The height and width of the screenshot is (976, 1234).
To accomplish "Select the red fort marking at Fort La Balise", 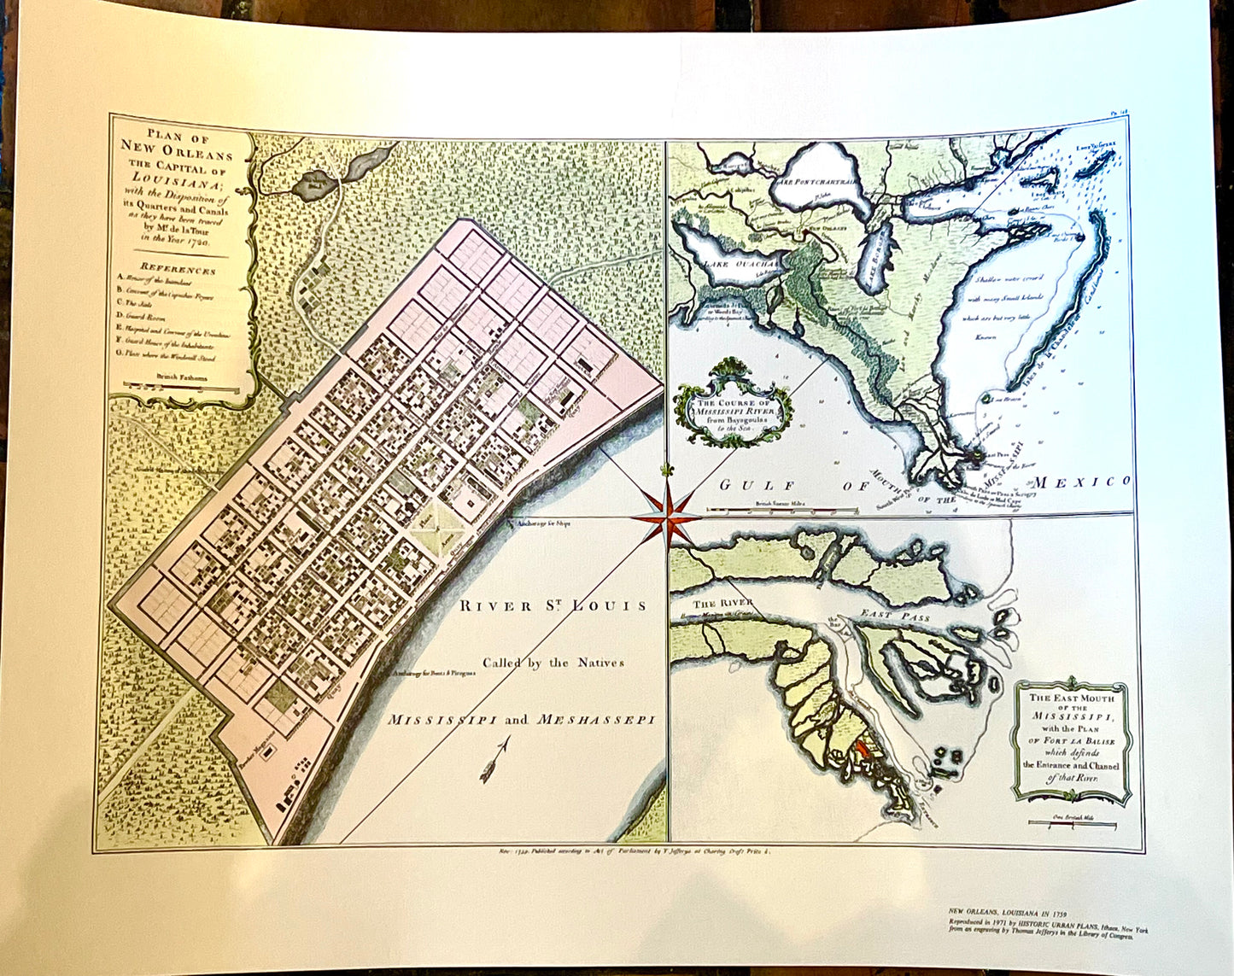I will tap(861, 751).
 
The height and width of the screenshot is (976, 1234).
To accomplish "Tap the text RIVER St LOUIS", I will tap(553, 606).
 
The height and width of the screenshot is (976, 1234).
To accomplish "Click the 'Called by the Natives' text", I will tap(553, 663).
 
